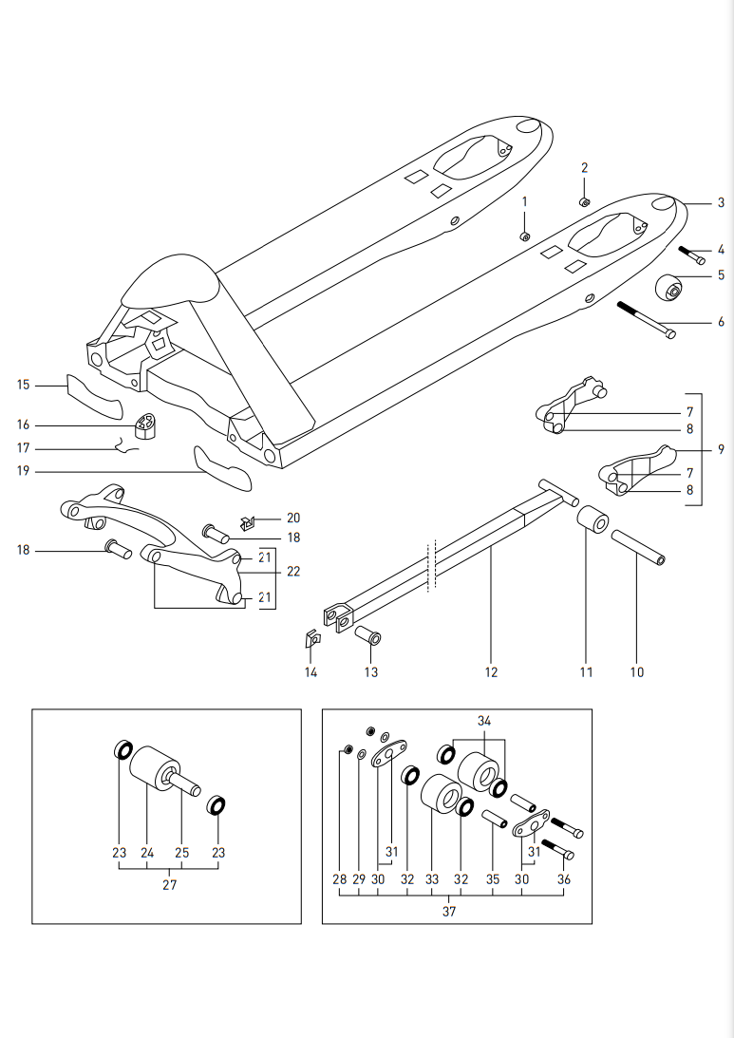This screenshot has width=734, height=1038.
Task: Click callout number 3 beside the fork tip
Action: click(x=721, y=203)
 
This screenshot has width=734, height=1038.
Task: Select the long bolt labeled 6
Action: click(x=645, y=319)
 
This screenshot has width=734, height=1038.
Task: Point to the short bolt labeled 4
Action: click(x=691, y=255)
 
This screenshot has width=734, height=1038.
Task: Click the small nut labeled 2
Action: click(x=585, y=201)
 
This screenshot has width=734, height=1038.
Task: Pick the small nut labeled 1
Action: click(x=524, y=236)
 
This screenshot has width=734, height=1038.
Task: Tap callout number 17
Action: click(x=24, y=447)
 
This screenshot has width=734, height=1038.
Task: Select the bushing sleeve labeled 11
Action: click(x=593, y=523)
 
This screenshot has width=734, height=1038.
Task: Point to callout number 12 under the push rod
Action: click(x=491, y=671)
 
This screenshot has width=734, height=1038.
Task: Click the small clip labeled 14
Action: click(x=311, y=638)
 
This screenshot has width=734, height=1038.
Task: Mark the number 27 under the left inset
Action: click(x=169, y=884)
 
